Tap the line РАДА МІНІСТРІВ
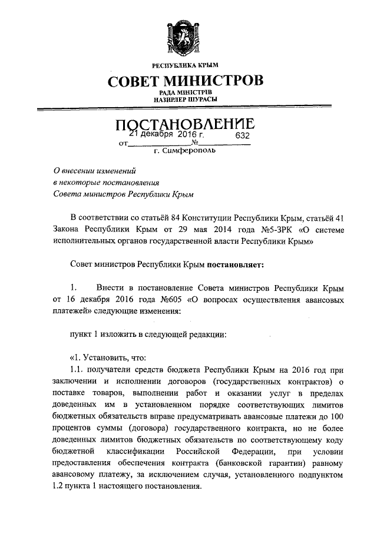tap(185, 92)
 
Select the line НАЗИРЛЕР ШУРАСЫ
tap(185, 100)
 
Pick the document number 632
tap(243, 135)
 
